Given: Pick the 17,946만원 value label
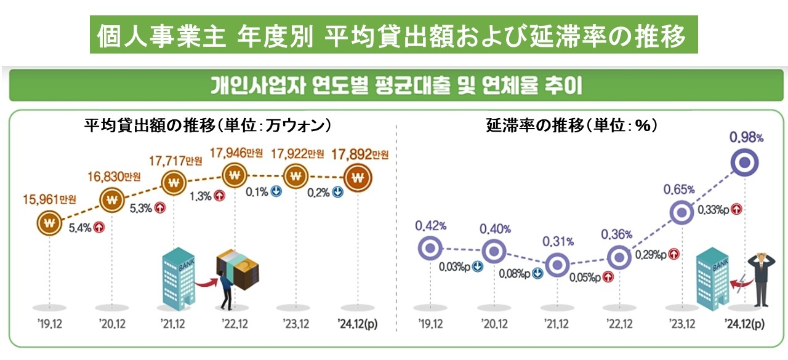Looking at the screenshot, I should click(x=236, y=152).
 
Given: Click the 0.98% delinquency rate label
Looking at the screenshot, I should click(x=747, y=138).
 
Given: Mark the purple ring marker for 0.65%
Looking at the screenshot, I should click(x=682, y=213).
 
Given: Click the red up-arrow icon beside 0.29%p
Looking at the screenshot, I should click(x=673, y=254).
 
